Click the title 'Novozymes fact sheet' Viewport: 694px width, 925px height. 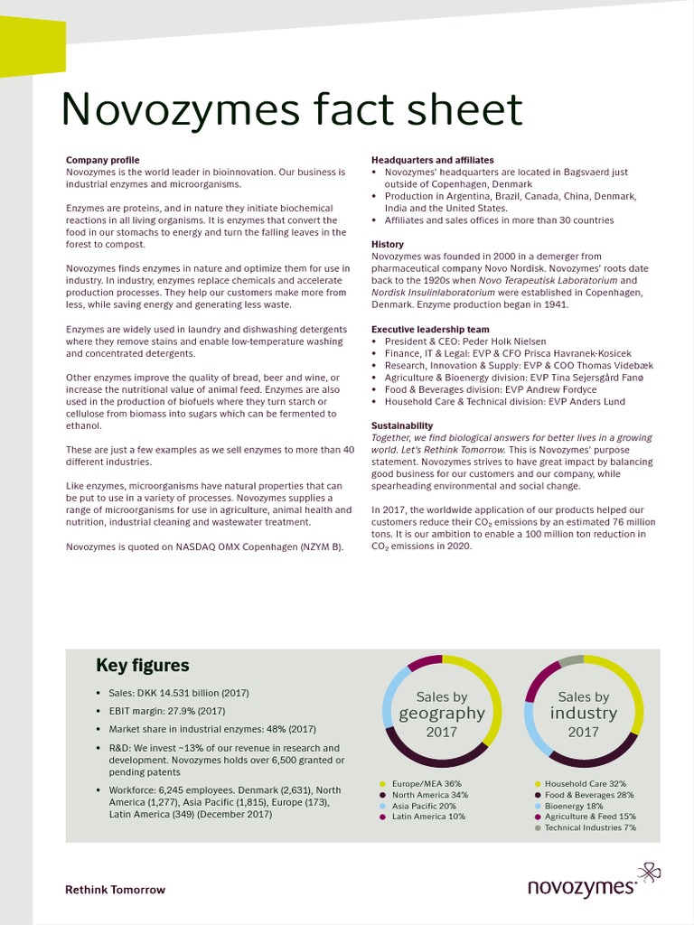click(x=291, y=109)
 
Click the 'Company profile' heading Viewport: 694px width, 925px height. click(x=102, y=160)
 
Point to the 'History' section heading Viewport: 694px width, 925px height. click(x=388, y=245)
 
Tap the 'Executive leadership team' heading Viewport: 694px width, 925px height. click(x=430, y=330)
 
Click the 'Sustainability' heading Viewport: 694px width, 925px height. click(x=402, y=425)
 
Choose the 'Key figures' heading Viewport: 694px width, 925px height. click(x=143, y=666)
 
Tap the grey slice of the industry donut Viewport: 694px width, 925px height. click(x=570, y=661)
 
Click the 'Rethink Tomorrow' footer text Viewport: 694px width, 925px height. click(x=115, y=890)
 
